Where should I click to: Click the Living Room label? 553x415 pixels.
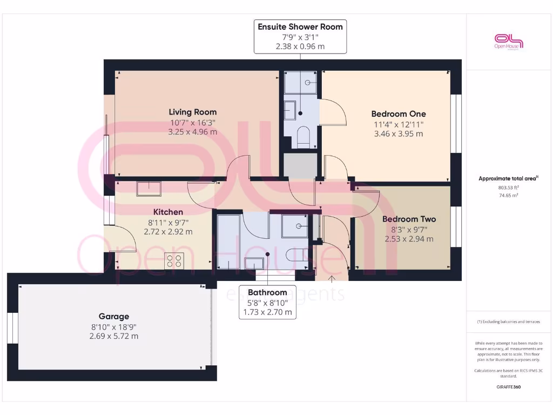click(x=193, y=112)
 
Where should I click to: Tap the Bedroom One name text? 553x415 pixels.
click(x=398, y=114)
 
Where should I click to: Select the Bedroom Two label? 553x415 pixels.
click(x=409, y=219)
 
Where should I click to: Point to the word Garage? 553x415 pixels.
click(x=113, y=317)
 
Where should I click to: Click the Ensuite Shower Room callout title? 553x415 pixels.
click(x=300, y=27)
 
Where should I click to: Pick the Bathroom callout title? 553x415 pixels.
click(x=267, y=292)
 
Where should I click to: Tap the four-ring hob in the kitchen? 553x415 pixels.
click(x=174, y=261)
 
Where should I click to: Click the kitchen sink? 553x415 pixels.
click(x=149, y=189)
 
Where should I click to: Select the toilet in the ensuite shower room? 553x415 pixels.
click(x=303, y=137)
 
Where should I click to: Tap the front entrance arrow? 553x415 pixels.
click(x=332, y=278)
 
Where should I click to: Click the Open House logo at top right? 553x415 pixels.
click(x=509, y=42)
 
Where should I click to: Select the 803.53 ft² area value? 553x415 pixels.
click(x=508, y=188)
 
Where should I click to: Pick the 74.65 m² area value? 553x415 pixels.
click(x=508, y=196)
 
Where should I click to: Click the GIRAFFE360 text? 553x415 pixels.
click(x=508, y=387)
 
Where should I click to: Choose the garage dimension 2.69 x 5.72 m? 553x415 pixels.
click(x=113, y=336)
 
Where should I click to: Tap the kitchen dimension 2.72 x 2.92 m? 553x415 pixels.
click(x=168, y=231)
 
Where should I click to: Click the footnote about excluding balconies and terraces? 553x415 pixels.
click(x=508, y=322)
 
